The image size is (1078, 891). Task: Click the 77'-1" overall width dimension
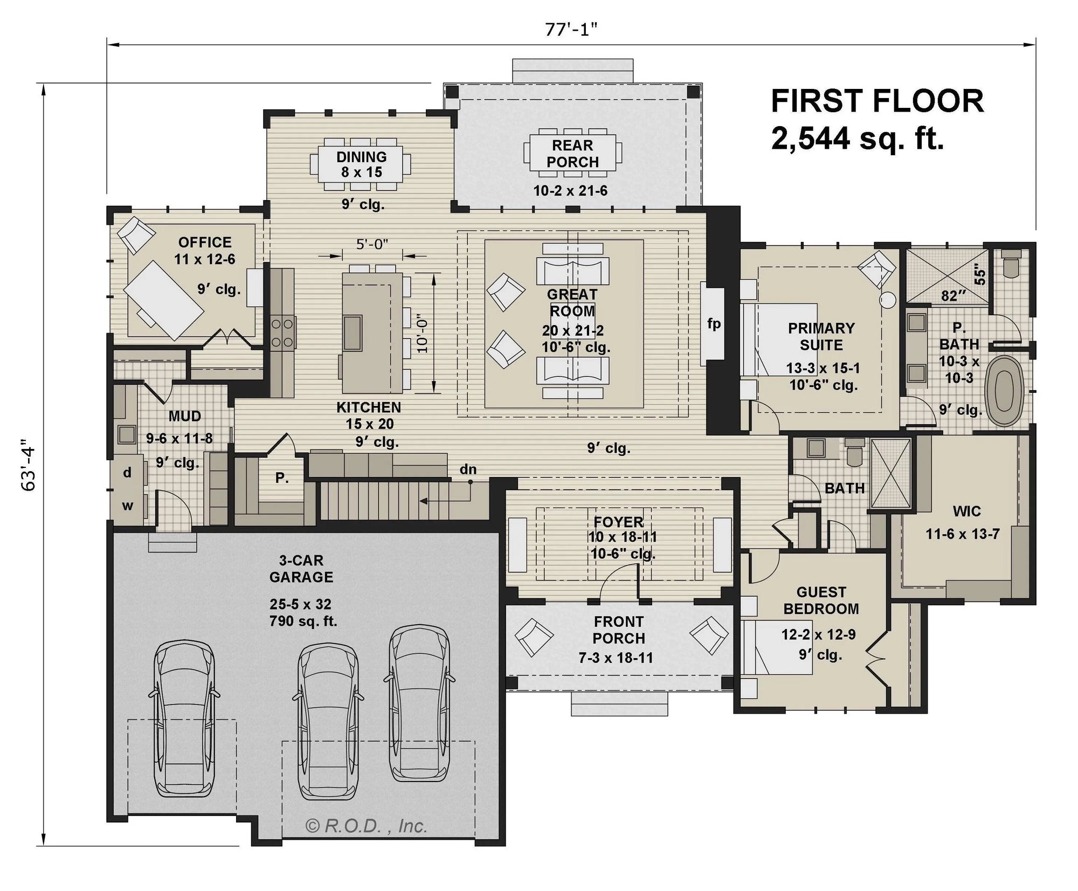coord(572,30)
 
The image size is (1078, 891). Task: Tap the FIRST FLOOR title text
coord(877,101)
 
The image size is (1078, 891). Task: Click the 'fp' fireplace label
coord(714,323)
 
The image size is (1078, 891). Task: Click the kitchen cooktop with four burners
coord(282,333)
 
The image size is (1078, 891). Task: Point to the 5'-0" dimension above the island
coord(372,244)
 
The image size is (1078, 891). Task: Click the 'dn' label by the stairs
coord(467,469)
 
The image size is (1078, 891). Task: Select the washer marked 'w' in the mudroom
coord(127,506)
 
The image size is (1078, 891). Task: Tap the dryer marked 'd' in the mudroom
coord(127,473)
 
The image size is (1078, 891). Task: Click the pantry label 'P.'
coord(281,478)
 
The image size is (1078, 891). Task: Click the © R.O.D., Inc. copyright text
coord(367,825)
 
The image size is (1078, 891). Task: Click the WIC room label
coord(966,510)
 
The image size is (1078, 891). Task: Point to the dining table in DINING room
coord(361,164)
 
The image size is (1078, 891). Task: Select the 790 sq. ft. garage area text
coord(303,621)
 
